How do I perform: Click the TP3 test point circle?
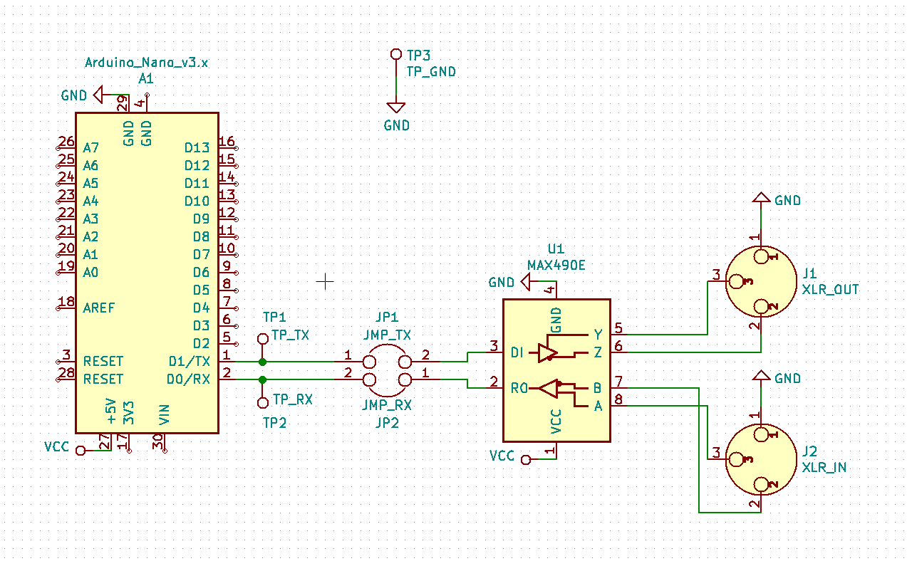click(x=395, y=54)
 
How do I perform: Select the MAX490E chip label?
click(x=556, y=265)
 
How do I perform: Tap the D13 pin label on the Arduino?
click(x=197, y=148)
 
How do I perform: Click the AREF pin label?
click(x=98, y=308)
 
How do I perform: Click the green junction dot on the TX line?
click(x=262, y=362)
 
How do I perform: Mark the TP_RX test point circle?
click(x=262, y=403)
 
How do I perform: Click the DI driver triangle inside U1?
click(x=547, y=352)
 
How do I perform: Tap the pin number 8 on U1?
click(x=618, y=399)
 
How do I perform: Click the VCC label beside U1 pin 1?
click(x=502, y=456)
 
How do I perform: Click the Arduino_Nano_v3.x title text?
click(x=146, y=63)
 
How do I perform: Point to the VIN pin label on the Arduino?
click(x=164, y=415)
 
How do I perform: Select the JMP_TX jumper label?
click(x=388, y=335)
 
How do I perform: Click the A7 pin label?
click(x=90, y=148)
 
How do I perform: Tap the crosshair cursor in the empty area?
click(x=325, y=281)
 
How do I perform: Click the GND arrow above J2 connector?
click(x=761, y=375)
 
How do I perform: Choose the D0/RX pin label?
click(x=189, y=379)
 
